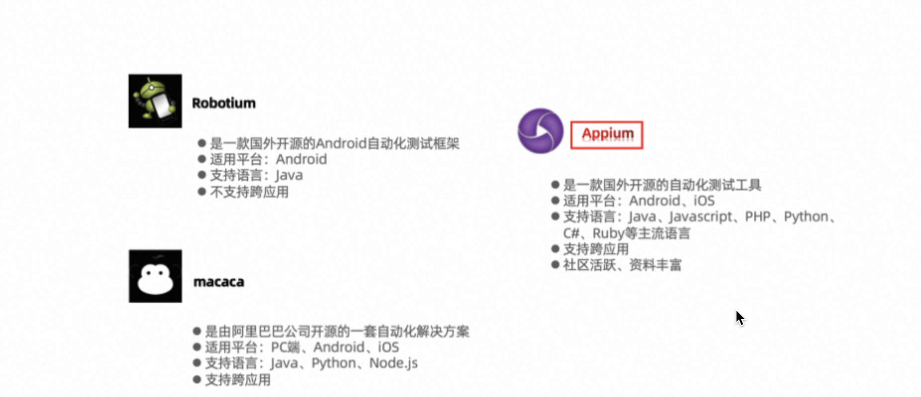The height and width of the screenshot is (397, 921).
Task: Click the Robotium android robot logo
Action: [155, 101]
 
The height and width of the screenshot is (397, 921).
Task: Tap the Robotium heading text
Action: [224, 103]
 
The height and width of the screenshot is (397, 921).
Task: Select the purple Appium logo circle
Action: [541, 131]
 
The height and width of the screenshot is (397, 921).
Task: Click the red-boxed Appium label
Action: [607, 134]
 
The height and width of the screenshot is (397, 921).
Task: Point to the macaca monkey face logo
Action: [155, 276]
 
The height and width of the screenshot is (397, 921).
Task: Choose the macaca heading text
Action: [219, 282]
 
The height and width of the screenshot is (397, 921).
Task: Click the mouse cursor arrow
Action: [739, 317]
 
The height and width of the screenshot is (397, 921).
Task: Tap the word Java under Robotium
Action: [289, 176]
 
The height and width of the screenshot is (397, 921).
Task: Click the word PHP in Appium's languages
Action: [757, 217]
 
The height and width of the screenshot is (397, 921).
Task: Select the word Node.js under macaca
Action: [393, 363]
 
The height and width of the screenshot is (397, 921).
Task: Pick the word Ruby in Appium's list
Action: [608, 233]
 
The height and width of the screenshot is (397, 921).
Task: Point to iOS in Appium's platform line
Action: [704, 201]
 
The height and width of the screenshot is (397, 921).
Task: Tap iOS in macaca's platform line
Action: [388, 347]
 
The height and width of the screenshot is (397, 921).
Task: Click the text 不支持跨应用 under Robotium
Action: [249, 192]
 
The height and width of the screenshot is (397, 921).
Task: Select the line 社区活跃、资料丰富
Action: [622, 265]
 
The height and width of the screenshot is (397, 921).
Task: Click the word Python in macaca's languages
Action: [334, 363]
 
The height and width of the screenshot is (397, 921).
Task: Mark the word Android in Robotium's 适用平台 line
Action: [301, 160]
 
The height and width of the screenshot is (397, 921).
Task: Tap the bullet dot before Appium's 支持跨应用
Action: [555, 249]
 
